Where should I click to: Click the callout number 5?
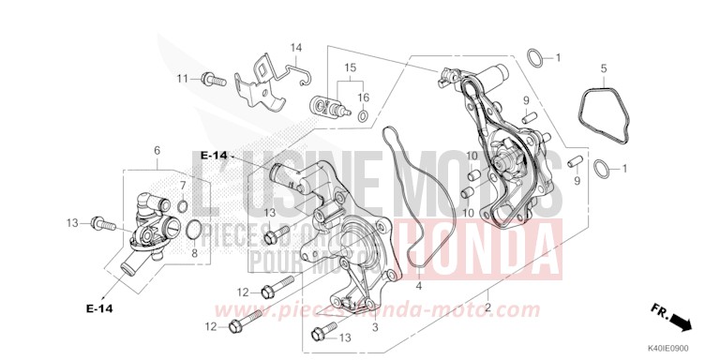coord(604,67)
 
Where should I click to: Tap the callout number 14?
coord(296,48)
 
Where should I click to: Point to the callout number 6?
coord(157,150)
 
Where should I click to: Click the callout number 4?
coord(419,285)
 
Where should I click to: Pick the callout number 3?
coord(375,326)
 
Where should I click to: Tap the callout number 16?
coord(364,97)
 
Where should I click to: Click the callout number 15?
coord(351,67)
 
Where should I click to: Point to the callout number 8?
coord(194,252)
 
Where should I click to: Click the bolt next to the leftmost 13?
coord(103,224)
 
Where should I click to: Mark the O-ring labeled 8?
coord(193,230)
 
